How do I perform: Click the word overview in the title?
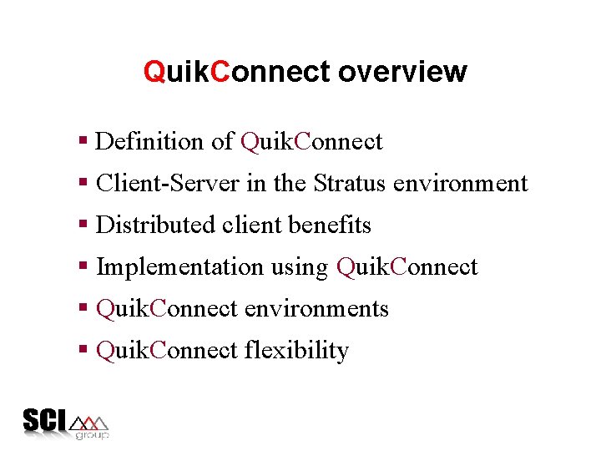(402, 72)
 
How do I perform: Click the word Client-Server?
(169, 183)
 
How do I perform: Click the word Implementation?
(179, 266)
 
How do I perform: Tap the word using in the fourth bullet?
(300, 268)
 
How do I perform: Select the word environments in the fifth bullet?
(316, 308)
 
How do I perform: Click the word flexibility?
(296, 350)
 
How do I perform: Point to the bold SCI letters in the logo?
(45, 420)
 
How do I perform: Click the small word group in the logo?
(92, 435)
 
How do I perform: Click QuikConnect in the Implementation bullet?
(407, 266)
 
